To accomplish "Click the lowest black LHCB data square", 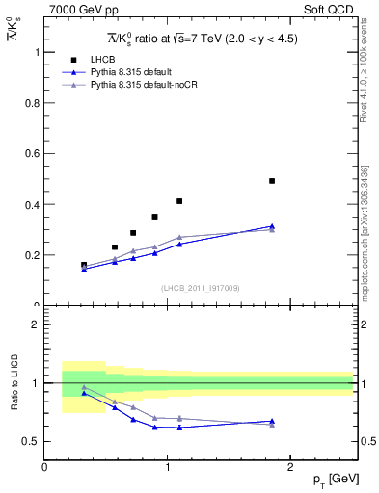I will (x=84, y=265).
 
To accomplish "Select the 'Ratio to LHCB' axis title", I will (x=14, y=383).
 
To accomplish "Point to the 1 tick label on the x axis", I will (x=168, y=467).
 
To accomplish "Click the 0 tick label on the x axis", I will (x=44, y=467).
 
